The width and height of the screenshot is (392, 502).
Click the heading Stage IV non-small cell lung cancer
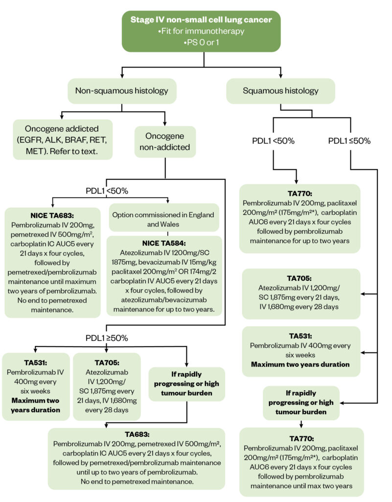[x=201, y=20]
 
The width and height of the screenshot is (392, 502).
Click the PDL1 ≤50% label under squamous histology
[x=349, y=141]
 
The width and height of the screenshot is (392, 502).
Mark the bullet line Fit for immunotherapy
[x=201, y=30]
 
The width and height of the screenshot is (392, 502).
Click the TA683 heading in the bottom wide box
[x=137, y=435]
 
